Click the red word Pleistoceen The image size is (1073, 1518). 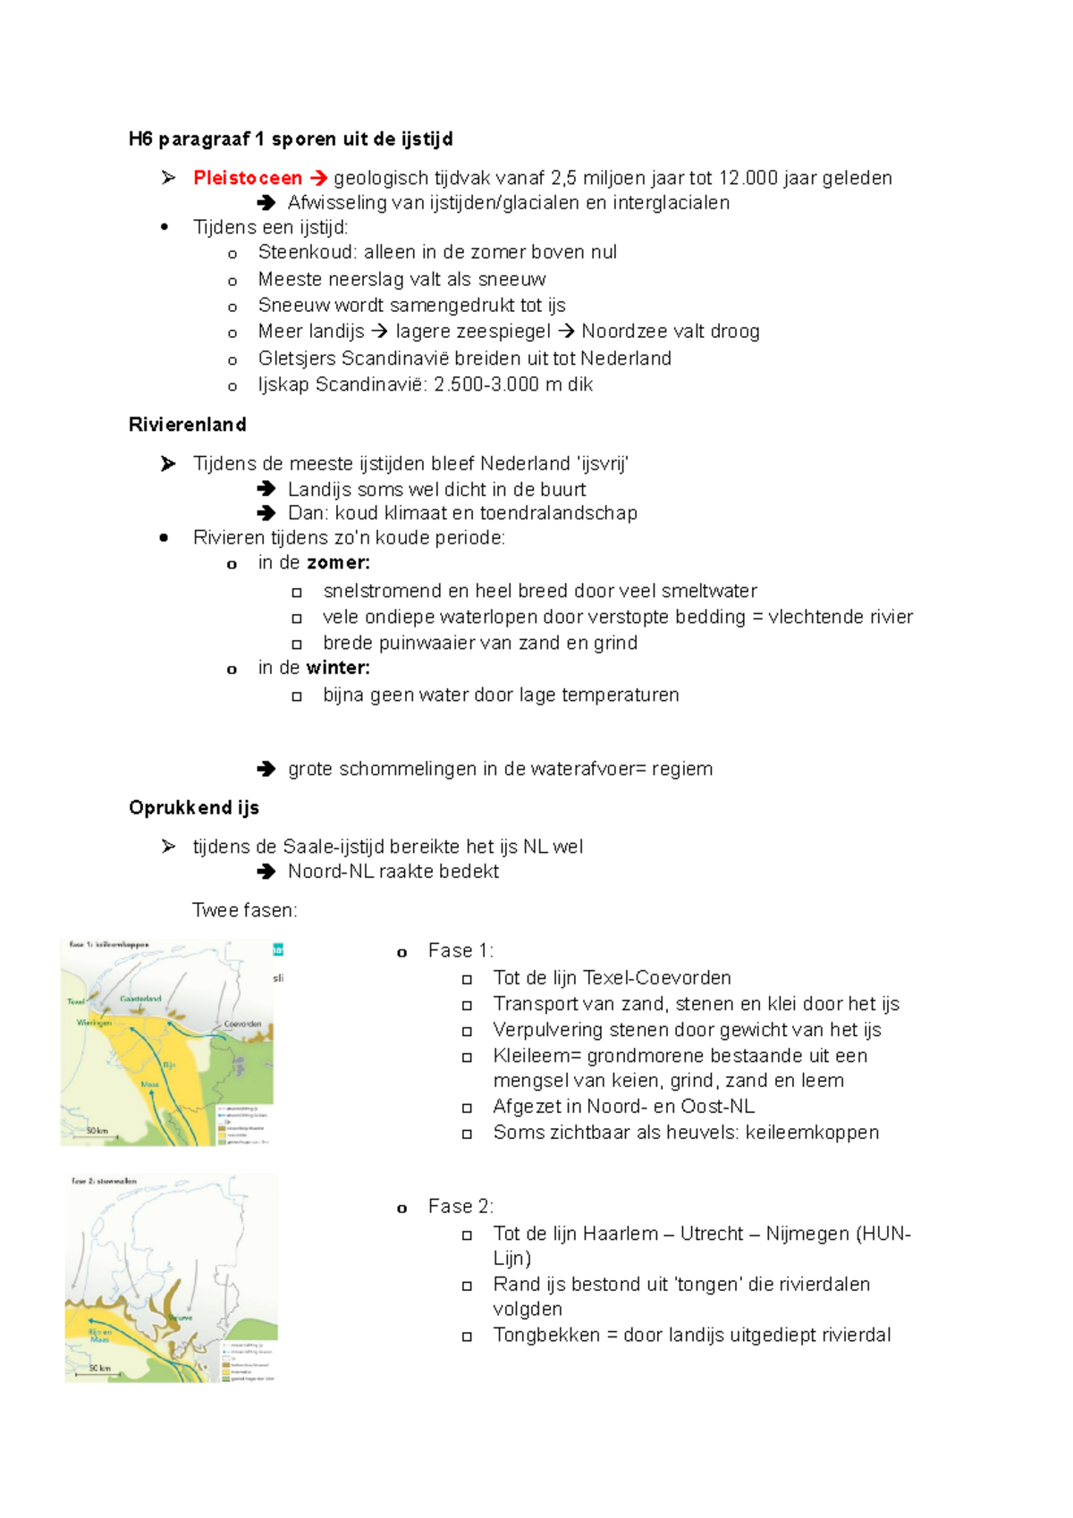(x=247, y=178)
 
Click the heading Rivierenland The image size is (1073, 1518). (x=187, y=425)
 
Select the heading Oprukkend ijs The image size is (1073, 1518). (x=193, y=808)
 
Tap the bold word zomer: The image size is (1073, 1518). (x=338, y=563)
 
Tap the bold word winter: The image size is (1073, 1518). (x=338, y=668)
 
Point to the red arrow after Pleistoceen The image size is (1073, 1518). (x=318, y=178)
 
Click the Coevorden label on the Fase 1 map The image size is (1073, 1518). (x=242, y=1024)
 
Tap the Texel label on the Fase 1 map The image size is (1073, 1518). (x=76, y=1001)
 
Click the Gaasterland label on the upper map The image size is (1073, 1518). (x=140, y=999)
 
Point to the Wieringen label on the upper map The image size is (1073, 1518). (x=94, y=1022)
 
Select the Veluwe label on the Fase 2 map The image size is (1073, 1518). (x=181, y=1318)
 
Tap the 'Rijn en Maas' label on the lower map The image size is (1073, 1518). (x=99, y=1336)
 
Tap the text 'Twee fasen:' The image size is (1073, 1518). (x=244, y=911)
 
